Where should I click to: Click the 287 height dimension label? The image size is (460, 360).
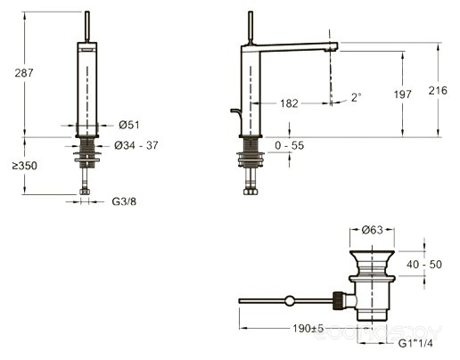point(24,73)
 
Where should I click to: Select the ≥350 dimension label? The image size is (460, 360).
point(25,166)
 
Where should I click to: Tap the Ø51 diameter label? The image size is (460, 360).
point(129,125)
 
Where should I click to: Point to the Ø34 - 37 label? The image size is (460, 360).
point(136,145)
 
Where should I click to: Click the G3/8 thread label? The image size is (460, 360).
point(124,201)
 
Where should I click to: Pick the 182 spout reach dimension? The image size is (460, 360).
point(289,103)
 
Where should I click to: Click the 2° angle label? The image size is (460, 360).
point(356,97)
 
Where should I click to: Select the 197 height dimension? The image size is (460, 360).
point(403,94)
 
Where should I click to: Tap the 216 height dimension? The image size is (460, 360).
point(438,90)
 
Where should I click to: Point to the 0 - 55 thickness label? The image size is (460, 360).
point(290,145)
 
